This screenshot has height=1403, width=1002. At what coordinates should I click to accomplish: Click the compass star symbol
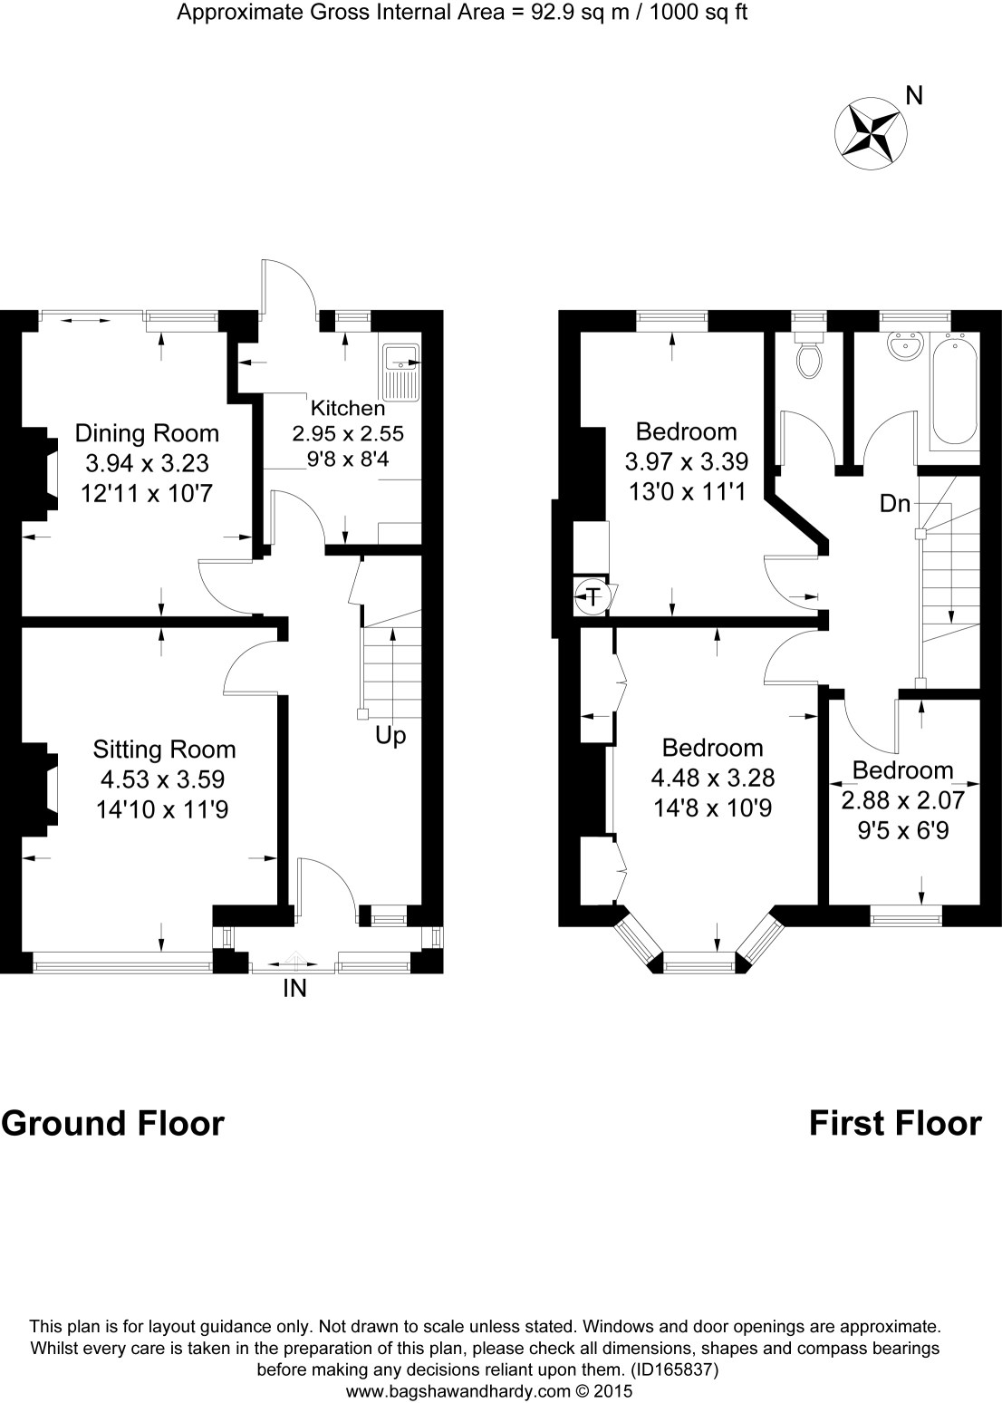pyautogui.click(x=870, y=133)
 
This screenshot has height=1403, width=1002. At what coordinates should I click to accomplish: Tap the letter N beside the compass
pyautogui.click(x=915, y=96)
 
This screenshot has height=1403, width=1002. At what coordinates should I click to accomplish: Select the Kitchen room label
pyautogui.click(x=348, y=409)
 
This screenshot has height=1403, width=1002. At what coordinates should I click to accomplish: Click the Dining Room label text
pyautogui.click(x=147, y=433)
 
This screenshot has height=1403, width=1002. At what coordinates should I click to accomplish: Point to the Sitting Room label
pyautogui.click(x=165, y=750)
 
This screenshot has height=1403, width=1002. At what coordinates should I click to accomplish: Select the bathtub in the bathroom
pyautogui.click(x=954, y=391)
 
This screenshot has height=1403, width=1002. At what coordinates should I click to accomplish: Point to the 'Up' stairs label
pyautogui.click(x=390, y=736)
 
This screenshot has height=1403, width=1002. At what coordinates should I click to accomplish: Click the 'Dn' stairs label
pyautogui.click(x=895, y=504)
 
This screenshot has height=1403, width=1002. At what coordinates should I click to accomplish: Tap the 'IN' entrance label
pyautogui.click(x=295, y=989)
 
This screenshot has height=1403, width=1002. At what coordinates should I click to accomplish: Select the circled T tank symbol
pyautogui.click(x=592, y=595)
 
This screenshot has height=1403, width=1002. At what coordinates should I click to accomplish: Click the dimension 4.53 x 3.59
pyautogui.click(x=163, y=779)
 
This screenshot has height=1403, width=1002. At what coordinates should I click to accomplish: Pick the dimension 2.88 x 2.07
pyautogui.click(x=903, y=800)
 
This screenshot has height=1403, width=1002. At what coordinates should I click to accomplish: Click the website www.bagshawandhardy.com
pyautogui.click(x=458, y=1391)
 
